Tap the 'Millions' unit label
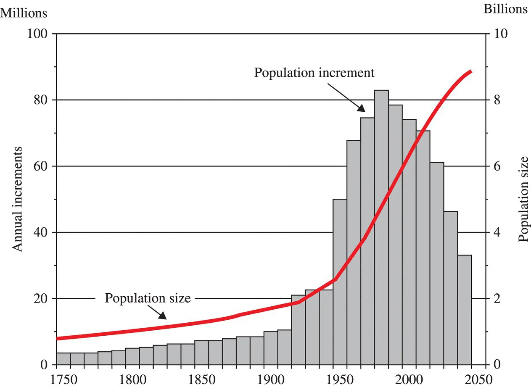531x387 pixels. click(25, 13)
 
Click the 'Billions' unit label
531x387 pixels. click(505, 9)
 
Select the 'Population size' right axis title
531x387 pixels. click(523, 199)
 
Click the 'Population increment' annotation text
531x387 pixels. click(314, 73)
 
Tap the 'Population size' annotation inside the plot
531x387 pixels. click(148, 299)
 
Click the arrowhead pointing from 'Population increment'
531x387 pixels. click(362, 108)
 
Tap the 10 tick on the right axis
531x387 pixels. click(499, 34)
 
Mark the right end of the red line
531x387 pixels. click(471, 71)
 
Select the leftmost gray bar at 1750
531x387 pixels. click(63, 359)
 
